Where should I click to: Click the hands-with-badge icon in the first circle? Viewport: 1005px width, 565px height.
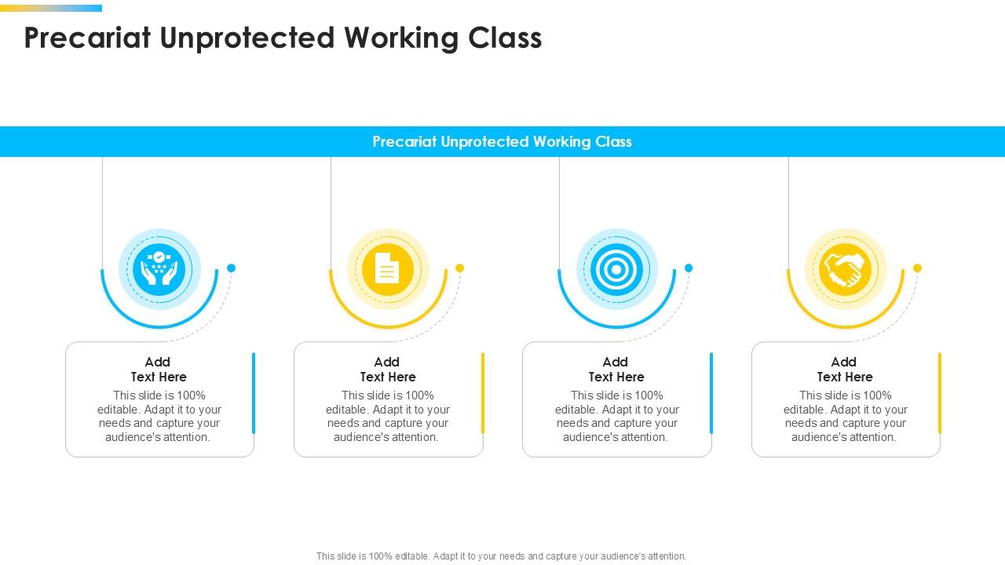click(159, 269)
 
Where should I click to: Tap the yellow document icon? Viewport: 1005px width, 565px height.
click(388, 269)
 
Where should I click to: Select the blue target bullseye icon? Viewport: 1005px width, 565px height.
click(616, 269)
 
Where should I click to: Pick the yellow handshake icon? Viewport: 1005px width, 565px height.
click(845, 269)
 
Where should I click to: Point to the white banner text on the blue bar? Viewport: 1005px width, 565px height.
click(502, 142)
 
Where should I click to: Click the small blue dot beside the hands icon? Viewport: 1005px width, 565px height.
click(231, 268)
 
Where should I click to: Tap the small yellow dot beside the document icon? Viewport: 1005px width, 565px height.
click(460, 268)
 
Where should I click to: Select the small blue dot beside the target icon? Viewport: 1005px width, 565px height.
click(689, 268)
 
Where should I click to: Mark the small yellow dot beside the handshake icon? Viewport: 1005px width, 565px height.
click(917, 268)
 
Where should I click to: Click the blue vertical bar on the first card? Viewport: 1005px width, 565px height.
click(254, 392)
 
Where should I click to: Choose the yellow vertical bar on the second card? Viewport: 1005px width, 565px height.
click(483, 392)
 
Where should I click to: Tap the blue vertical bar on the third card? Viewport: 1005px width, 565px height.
click(711, 392)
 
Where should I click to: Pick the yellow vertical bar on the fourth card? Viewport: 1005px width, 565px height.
click(940, 392)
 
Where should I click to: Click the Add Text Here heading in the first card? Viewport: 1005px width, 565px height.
click(159, 369)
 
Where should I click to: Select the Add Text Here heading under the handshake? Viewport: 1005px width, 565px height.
click(845, 369)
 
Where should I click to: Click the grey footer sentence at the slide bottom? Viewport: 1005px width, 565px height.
click(501, 556)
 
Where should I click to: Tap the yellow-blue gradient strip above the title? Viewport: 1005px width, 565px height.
click(51, 8)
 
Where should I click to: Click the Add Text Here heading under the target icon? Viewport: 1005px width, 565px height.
click(616, 369)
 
